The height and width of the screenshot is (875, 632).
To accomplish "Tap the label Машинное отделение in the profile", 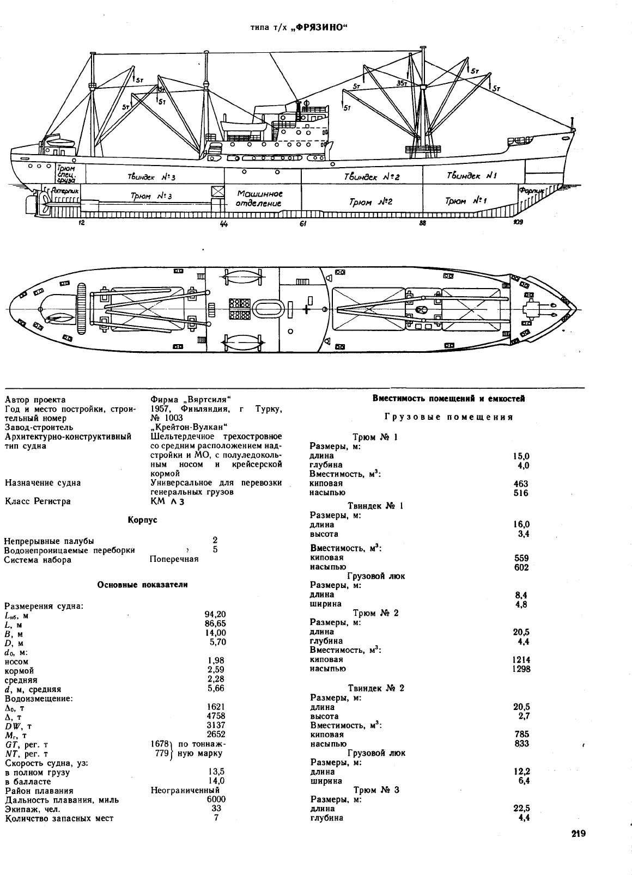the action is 259,198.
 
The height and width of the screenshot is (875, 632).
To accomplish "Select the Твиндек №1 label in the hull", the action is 471,175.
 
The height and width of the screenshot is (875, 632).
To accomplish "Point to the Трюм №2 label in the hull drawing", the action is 370,201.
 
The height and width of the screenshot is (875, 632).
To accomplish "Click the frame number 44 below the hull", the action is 224,224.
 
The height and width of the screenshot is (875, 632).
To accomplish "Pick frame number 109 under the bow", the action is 518,222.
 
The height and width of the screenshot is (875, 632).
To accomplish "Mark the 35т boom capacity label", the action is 402,83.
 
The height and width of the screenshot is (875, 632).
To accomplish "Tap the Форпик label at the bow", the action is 531,191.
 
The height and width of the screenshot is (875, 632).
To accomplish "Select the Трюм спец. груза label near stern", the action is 66,174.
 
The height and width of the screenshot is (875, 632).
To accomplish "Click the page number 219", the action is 579,834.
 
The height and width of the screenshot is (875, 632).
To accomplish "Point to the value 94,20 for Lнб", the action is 215,614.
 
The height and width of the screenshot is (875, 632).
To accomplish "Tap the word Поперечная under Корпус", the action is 174,559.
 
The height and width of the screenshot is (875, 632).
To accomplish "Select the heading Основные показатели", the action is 142,585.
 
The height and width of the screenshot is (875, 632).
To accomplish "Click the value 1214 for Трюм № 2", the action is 521,660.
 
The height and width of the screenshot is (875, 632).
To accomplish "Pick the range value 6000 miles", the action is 216,799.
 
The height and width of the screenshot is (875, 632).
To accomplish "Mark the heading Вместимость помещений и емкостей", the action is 449,399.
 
